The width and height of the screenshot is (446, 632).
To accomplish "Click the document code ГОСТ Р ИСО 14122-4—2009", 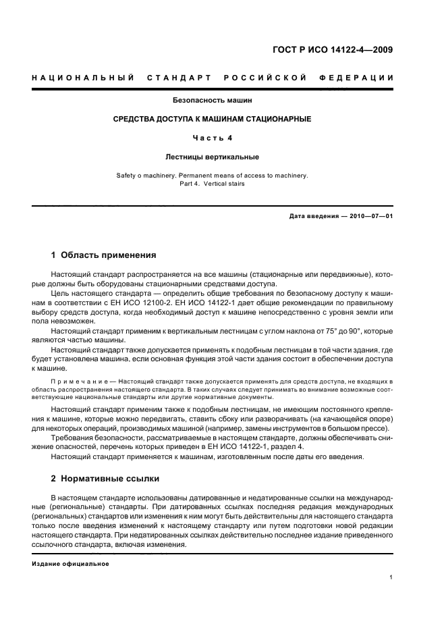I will coord(341,49).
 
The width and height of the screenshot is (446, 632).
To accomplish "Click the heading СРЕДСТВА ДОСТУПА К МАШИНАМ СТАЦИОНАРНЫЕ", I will coord(211,119).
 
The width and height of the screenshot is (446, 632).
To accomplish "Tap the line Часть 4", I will coord(211,138).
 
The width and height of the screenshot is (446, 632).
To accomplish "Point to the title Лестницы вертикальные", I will coord(211,157).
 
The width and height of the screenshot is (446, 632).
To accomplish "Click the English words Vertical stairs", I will coord(223,184).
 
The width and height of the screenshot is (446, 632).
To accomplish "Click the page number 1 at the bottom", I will coord(391,577).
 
